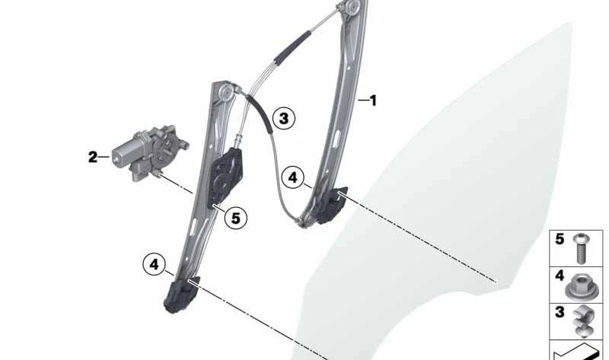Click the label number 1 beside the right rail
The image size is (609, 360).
373,100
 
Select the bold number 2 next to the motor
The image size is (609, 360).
92,158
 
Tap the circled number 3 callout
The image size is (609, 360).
282,118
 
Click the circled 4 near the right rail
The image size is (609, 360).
292,177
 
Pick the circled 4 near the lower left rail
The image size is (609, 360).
154,264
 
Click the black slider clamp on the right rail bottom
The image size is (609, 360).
332,205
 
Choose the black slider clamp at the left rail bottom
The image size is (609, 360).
181,295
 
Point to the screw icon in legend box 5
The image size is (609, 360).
581,246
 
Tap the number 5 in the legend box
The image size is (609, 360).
560,239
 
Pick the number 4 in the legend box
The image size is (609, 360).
560,275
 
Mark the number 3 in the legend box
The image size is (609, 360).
560,312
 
